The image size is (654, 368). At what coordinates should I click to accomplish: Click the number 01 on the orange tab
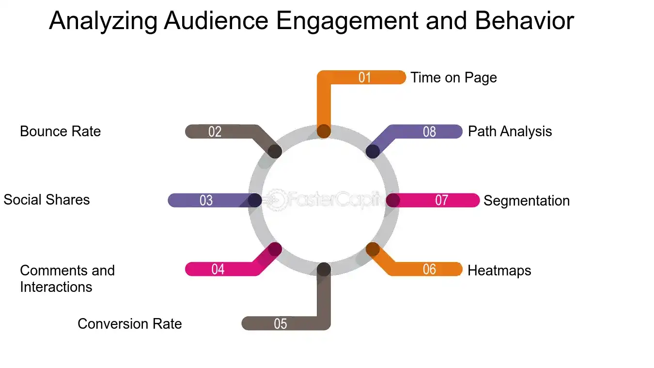(364, 78)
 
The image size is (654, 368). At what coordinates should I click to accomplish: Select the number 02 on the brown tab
(215, 132)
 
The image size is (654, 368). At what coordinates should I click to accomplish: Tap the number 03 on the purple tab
(206, 200)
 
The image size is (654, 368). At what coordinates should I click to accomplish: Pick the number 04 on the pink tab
(218, 269)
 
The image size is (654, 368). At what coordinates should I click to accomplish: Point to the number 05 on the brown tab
(280, 324)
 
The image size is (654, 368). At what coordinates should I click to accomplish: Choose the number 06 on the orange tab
(429, 269)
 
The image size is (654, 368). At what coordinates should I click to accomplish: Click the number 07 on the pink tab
(441, 200)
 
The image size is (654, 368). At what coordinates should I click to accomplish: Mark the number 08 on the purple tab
(429, 132)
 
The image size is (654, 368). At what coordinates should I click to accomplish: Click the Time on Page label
(453, 78)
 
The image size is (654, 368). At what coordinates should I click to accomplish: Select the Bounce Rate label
(60, 131)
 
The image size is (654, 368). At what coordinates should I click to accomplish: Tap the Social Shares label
(47, 200)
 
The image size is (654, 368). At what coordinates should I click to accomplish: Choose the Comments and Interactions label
(67, 278)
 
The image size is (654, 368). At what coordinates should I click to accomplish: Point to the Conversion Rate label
(129, 324)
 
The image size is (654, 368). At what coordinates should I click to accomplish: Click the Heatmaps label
(499, 270)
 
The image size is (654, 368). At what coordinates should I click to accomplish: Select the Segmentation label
(526, 201)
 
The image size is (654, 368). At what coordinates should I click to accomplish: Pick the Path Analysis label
(510, 131)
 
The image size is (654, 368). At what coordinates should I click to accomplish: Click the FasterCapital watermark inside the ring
(323, 200)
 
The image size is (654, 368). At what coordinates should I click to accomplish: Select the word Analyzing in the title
(103, 21)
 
